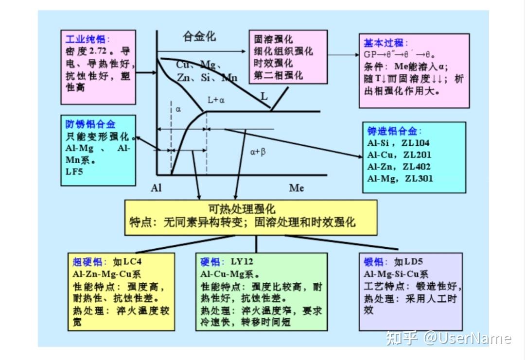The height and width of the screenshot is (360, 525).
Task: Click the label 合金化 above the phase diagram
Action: (199, 36)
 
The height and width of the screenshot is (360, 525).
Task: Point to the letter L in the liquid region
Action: (264, 97)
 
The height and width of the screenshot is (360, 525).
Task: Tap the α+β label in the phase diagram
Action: (258, 152)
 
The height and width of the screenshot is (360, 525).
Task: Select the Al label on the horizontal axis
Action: (157, 188)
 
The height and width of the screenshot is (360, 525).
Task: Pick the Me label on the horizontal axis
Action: (297, 188)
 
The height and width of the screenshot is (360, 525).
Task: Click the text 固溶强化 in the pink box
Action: (273, 39)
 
